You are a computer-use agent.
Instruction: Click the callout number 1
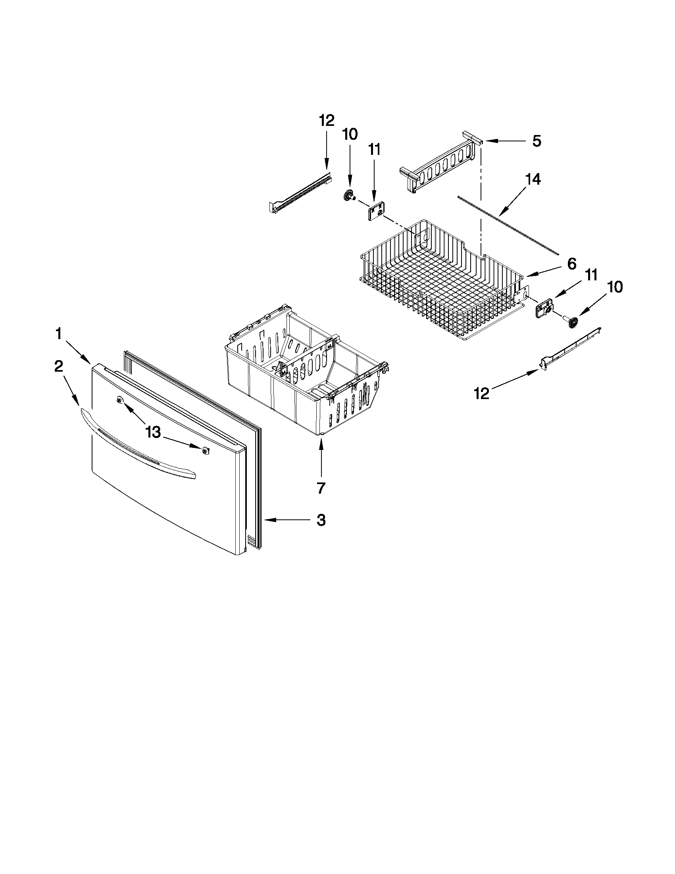coord(59,334)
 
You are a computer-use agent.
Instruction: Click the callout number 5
coord(536,141)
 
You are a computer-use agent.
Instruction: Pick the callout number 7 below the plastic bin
coord(321,488)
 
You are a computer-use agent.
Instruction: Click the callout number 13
coord(153,432)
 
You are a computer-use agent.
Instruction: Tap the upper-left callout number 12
coord(326,120)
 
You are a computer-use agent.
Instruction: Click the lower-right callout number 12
coord(482,394)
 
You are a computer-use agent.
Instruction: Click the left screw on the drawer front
coord(119,400)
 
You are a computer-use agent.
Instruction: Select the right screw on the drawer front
coord(205,451)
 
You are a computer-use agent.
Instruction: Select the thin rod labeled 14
coord(508,225)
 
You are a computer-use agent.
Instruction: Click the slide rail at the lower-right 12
coord(572,344)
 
